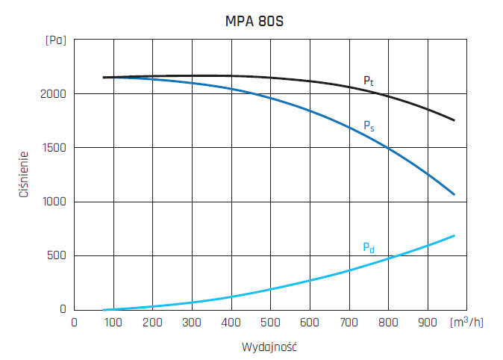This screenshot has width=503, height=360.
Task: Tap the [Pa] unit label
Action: (55, 40)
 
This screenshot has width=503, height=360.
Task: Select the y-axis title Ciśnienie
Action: (24, 175)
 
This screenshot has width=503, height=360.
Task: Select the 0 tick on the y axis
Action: (63, 309)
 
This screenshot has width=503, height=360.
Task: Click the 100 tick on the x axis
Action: (113, 322)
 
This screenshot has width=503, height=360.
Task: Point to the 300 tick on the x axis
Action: (192, 322)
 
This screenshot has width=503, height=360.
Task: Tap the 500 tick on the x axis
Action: (270, 322)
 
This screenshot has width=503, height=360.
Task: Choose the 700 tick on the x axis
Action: (349, 322)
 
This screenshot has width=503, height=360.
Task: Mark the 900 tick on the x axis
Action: (427, 322)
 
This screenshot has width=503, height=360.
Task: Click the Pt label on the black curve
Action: (368, 80)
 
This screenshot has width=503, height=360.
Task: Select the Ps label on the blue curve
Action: (369, 126)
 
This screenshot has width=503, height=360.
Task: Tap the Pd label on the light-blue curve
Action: (368, 247)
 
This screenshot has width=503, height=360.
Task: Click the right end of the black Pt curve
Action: (454, 120)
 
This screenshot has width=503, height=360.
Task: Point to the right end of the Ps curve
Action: (454, 195)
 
